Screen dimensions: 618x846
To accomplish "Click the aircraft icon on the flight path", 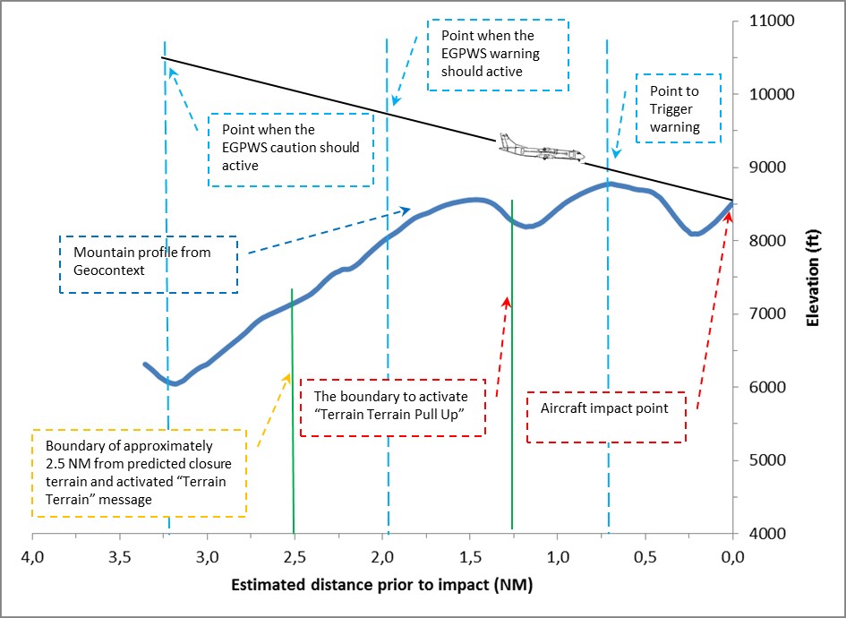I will pos(542,149).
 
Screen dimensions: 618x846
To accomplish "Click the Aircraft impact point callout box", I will pos(606,416).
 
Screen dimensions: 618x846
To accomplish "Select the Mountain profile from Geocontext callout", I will pos(149,263).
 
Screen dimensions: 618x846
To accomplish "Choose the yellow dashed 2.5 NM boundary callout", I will pos(139,472).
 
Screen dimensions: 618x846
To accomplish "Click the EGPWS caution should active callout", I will pos(290,149).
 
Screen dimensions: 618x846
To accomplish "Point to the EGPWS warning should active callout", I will pos(498,54).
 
